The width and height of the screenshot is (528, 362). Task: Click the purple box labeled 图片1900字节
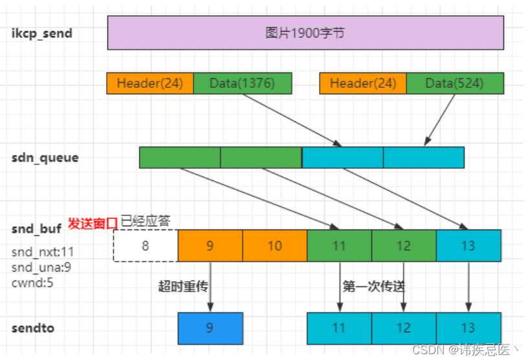(305, 33)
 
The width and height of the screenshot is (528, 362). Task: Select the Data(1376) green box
(242, 83)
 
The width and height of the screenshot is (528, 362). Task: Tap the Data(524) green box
(455, 83)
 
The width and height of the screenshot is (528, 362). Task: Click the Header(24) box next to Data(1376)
(150, 83)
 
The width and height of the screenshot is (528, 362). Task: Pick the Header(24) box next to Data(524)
(363, 83)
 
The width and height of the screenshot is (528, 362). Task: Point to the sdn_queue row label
(45, 158)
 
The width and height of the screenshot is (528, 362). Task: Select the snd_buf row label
(37, 229)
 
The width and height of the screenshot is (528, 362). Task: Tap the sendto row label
(33, 328)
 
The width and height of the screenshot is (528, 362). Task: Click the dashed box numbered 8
(146, 246)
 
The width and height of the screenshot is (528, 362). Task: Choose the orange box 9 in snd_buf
(210, 246)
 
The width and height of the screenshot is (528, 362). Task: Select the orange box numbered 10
(274, 246)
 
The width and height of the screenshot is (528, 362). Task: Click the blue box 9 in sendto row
(210, 328)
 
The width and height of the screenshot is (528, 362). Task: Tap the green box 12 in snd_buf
(404, 246)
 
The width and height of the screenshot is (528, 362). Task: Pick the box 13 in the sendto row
(468, 328)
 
